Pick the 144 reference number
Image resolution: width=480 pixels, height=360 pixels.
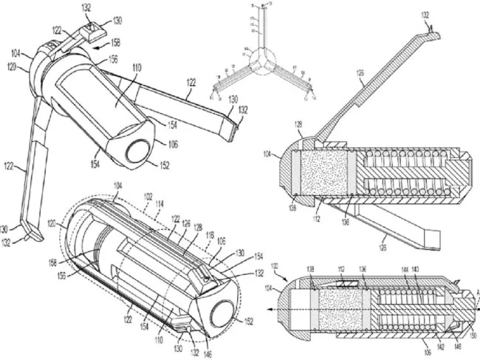[404, 270]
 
